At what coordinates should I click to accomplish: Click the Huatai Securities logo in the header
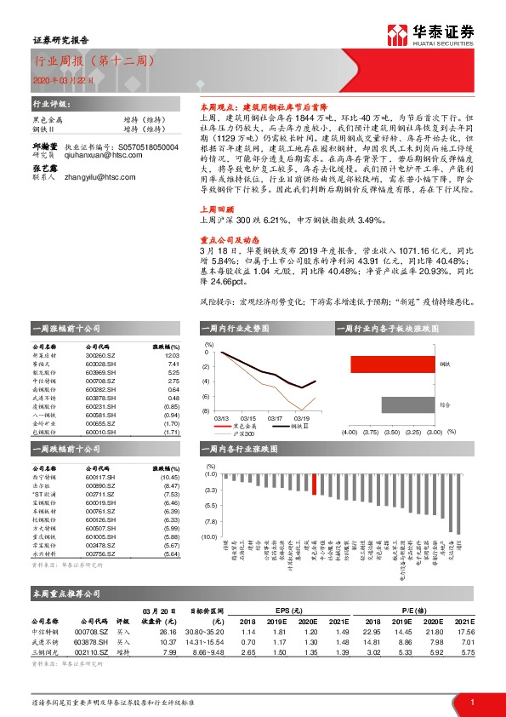point(429,34)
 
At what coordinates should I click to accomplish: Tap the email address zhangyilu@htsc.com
point(93,178)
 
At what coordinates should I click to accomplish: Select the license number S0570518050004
point(139,146)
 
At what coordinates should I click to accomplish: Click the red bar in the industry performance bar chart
point(316,484)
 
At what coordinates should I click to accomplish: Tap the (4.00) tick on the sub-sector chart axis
point(349,432)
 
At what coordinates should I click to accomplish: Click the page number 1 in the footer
point(472,702)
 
